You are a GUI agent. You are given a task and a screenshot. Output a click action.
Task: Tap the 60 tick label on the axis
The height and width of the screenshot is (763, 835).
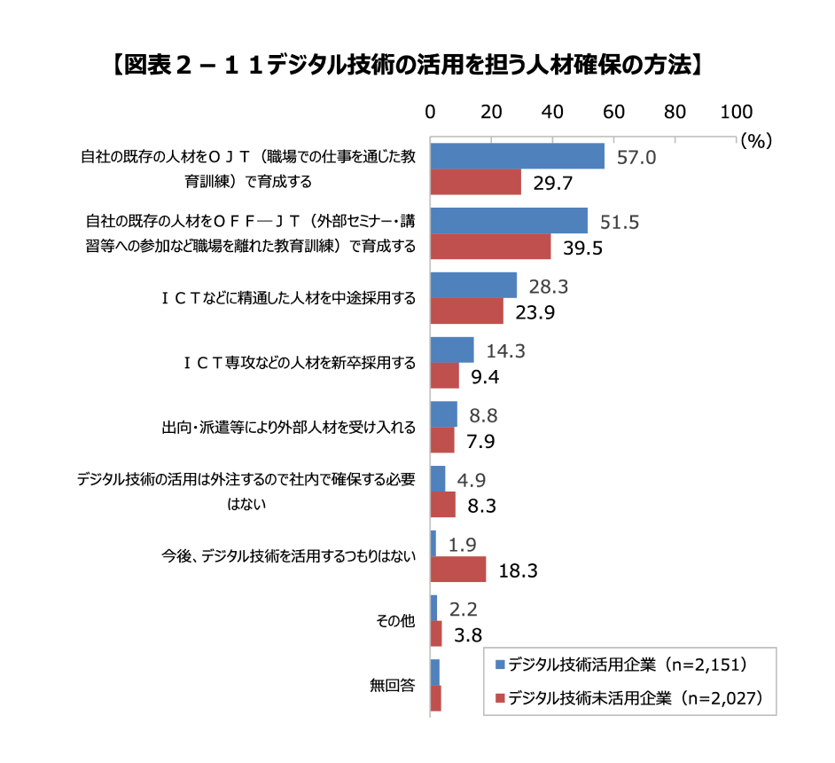click(613, 112)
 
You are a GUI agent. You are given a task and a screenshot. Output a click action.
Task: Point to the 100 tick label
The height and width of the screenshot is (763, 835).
click(737, 112)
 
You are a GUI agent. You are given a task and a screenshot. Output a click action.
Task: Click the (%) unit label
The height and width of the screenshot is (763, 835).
click(756, 141)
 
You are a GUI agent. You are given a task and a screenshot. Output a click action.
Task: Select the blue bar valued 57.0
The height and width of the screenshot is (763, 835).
click(517, 156)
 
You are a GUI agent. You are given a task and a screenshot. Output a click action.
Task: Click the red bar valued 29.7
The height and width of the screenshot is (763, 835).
click(475, 182)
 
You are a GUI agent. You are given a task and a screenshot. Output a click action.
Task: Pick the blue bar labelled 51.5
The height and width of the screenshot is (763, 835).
click(509, 221)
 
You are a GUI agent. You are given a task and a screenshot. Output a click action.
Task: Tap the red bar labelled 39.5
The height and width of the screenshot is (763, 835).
click(490, 246)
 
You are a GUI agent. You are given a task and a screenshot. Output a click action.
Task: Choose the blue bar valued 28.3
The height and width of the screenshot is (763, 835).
click(473, 285)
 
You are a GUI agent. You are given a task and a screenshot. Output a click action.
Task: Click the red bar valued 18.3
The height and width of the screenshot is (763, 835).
click(458, 569)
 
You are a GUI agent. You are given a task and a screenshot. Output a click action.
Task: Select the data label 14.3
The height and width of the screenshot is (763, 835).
click(505, 351)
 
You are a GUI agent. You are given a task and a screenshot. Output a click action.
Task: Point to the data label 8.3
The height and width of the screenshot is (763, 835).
click(481, 507)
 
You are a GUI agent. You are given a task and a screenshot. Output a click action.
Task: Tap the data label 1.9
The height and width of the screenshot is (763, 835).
click(462, 545)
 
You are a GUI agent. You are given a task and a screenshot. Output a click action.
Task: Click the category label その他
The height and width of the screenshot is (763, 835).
click(395, 621)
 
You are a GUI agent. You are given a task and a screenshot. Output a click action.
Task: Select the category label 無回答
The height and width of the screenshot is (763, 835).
click(393, 685)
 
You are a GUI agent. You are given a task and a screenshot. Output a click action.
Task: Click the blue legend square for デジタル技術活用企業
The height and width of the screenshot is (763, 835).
click(500, 665)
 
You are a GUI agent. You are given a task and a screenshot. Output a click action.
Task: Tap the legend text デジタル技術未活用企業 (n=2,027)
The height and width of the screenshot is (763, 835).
click(636, 698)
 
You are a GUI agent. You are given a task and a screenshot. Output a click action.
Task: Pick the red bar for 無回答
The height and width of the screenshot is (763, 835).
click(435, 698)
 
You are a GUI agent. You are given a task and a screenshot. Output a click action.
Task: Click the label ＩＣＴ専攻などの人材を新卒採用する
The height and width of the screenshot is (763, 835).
click(300, 363)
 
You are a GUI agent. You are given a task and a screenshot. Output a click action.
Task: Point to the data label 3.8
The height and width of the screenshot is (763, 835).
click(467, 635)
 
